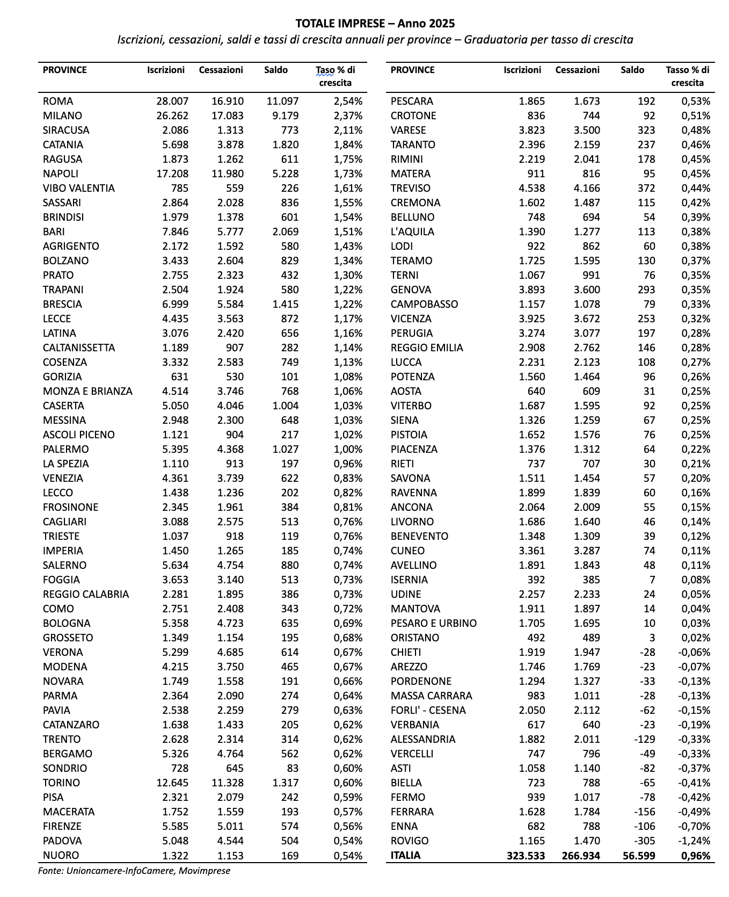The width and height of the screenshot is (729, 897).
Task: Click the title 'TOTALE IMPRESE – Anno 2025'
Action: tap(375, 23)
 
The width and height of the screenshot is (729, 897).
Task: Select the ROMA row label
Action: tap(58, 102)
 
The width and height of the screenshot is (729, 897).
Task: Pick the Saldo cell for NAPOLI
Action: tap(282, 174)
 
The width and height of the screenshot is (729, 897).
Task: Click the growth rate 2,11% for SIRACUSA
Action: tap(348, 131)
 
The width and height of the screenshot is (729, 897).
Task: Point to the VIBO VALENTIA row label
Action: tap(79, 189)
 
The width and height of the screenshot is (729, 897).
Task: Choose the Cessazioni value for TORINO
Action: tap(221, 783)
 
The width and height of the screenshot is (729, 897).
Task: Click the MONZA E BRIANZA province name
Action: tap(88, 392)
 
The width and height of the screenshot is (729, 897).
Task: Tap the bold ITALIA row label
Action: tap(406, 856)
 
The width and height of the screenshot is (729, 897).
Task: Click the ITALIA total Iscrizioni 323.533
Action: tap(526, 856)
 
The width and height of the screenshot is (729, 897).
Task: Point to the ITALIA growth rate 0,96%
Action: tap(696, 856)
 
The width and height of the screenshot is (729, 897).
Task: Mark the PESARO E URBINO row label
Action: tap(434, 624)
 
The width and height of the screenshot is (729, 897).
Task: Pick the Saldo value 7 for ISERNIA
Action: tap(651, 580)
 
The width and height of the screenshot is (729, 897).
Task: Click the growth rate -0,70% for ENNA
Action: tap(694, 827)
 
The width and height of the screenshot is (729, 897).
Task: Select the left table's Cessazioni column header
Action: tap(221, 70)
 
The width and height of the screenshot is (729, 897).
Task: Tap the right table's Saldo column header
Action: tap(632, 70)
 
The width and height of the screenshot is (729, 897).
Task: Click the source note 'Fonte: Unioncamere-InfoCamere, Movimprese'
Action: tap(134, 871)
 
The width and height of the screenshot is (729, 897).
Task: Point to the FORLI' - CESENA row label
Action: tap(428, 711)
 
